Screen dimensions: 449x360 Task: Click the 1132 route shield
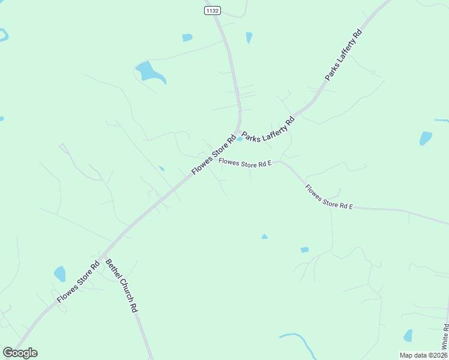(x=212, y=10)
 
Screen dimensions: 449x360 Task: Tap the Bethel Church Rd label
(x=122, y=285)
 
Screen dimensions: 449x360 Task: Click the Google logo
(x=20, y=353)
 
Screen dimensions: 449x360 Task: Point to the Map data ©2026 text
(x=423, y=355)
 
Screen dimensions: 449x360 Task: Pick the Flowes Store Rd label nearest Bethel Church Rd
(x=78, y=282)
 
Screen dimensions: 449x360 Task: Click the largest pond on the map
(x=149, y=71)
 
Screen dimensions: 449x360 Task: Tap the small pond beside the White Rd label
(x=408, y=335)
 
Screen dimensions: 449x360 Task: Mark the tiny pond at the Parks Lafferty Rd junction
(x=240, y=139)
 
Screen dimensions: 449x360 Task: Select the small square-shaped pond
(x=304, y=250)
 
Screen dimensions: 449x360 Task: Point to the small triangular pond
(x=264, y=236)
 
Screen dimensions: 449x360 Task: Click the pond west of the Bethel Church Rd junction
(x=59, y=274)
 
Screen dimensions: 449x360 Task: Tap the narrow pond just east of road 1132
(x=249, y=37)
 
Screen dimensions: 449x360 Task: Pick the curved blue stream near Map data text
(x=300, y=342)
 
